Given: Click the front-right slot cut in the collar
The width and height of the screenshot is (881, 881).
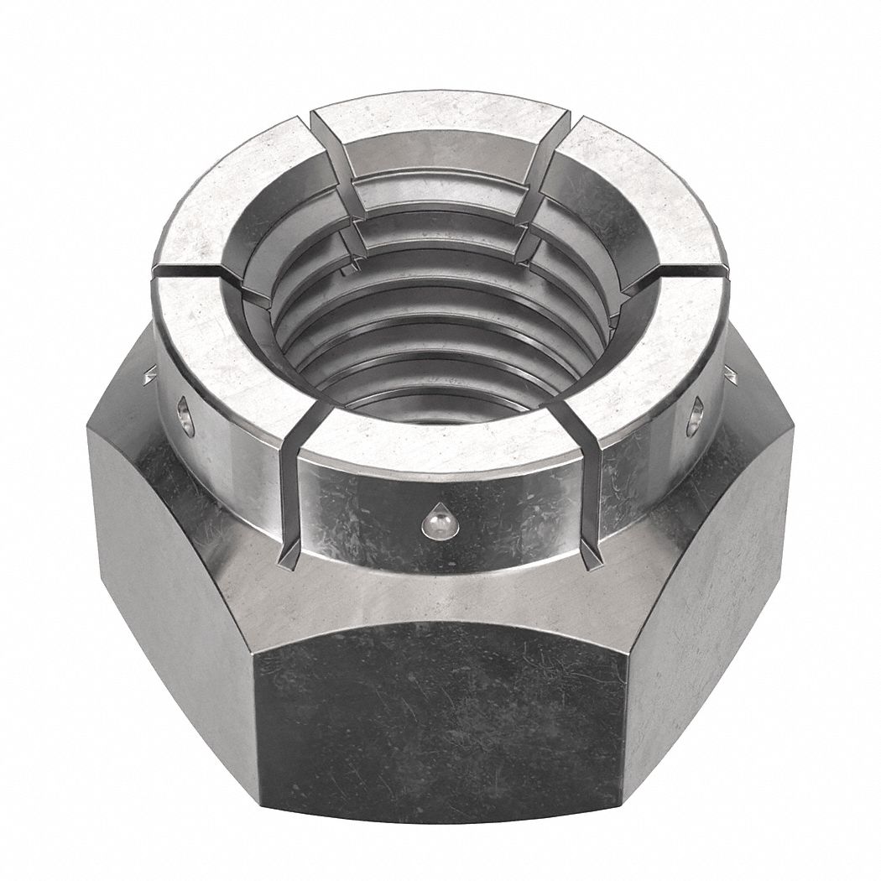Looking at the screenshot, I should pyautogui.click(x=593, y=487).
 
